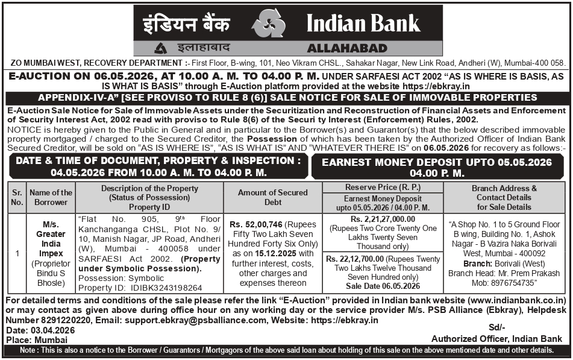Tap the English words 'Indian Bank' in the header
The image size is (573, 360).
(x=363, y=23)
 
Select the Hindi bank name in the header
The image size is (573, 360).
(x=186, y=24)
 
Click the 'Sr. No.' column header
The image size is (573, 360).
(x=17, y=197)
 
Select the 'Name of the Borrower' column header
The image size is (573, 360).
(x=51, y=197)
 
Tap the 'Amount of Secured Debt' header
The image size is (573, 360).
(x=272, y=197)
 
